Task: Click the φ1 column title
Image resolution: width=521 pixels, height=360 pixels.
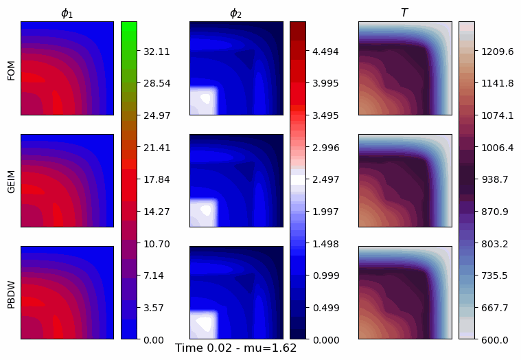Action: coord(67,13)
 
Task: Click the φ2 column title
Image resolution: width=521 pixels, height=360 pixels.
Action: coord(235,13)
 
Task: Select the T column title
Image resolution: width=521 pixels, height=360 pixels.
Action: coord(404,12)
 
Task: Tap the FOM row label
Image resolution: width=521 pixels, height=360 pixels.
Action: coord(11,68)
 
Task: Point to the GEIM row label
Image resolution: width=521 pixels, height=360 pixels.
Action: coord(11,180)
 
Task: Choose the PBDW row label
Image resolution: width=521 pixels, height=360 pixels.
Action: coord(11,293)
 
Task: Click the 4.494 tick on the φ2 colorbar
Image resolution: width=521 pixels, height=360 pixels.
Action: coord(325,52)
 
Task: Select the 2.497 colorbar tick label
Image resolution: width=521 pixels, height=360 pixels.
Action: coord(325,179)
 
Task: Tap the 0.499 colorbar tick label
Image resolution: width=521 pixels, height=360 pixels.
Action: coord(325,308)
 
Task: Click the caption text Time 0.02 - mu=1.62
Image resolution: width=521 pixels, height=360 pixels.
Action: coord(235,348)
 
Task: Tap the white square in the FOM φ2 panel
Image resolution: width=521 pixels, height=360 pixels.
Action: coord(203,100)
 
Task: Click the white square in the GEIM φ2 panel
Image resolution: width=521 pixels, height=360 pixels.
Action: coord(203,212)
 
